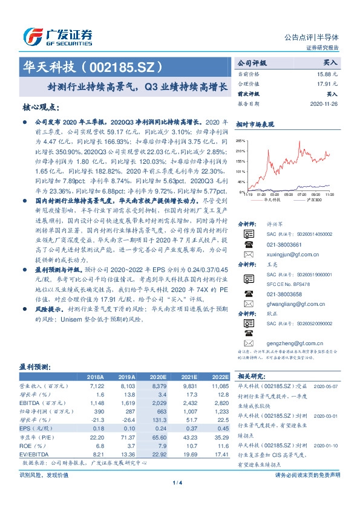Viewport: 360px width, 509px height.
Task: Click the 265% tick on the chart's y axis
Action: tap(241, 139)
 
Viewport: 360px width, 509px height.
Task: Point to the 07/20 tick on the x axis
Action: tap(301, 195)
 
